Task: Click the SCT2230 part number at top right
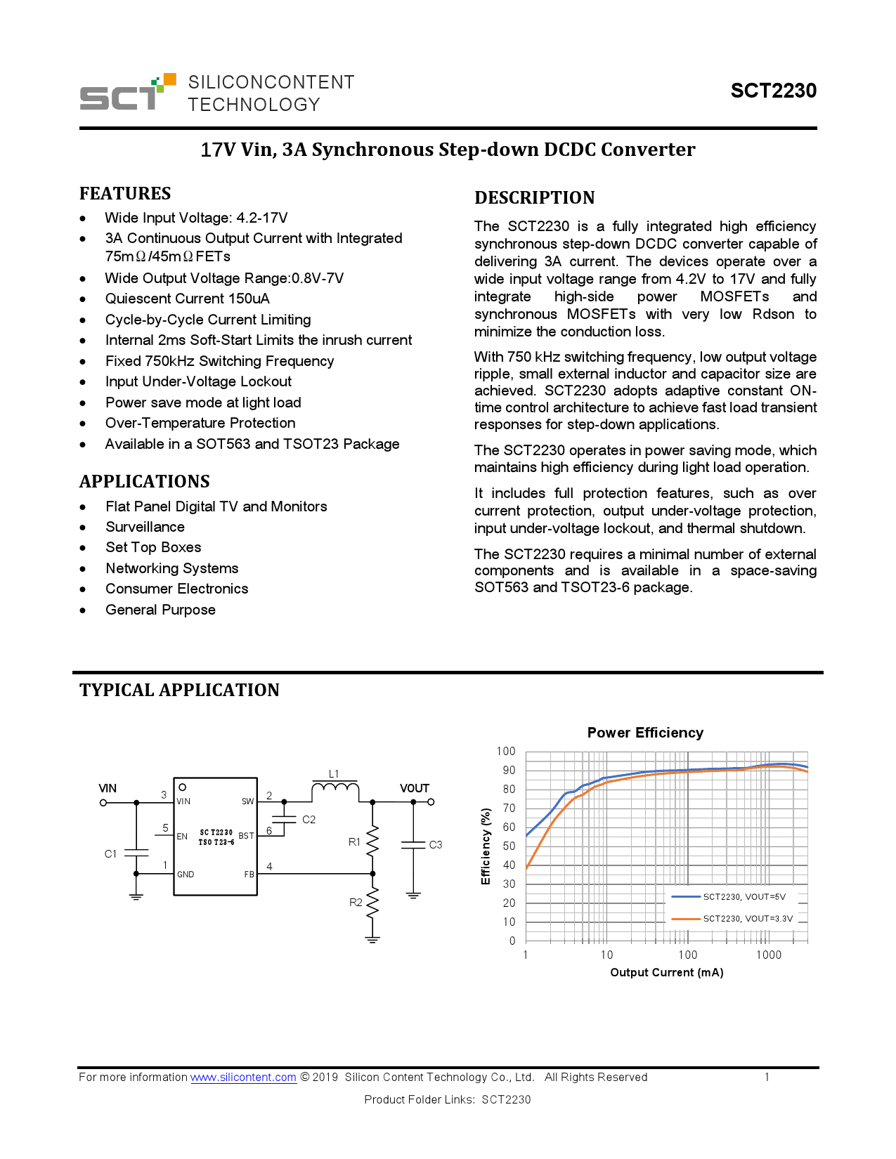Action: coord(773,91)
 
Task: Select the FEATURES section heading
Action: coord(125,194)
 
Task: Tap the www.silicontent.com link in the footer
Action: coord(243,1078)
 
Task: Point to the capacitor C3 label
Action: coord(436,844)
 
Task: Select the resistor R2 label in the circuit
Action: coord(356,903)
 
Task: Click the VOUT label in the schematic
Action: coord(414,788)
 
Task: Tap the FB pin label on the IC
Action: coord(249,875)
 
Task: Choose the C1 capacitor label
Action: coord(110,854)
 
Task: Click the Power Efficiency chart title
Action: coord(645,733)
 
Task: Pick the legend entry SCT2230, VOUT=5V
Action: coord(744,897)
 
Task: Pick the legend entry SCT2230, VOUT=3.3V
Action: coord(748,919)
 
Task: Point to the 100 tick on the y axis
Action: coord(506,752)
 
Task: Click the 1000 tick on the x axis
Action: coord(769,955)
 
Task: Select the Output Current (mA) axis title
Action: coord(666,973)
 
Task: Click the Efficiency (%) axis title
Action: coord(486,846)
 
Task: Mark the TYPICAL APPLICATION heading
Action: coord(179,690)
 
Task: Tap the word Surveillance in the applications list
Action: coord(145,527)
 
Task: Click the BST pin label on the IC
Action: coord(246,836)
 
